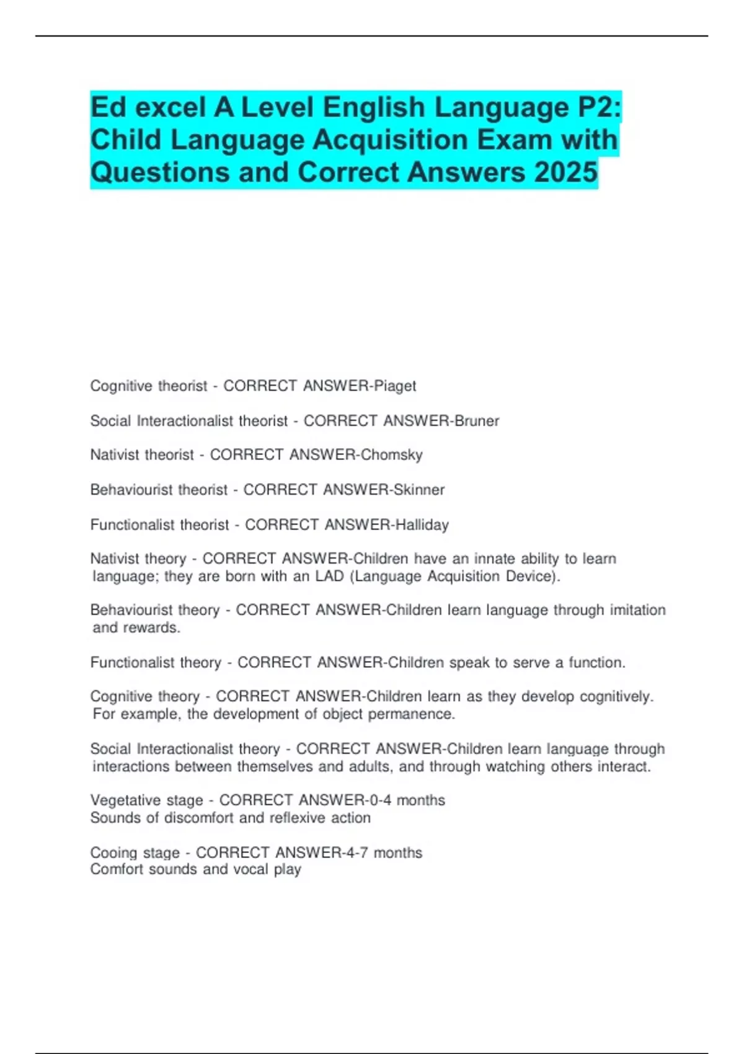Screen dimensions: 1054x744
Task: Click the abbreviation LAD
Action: (329, 577)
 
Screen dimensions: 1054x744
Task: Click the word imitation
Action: (638, 610)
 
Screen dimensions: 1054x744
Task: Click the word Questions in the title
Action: (159, 172)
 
